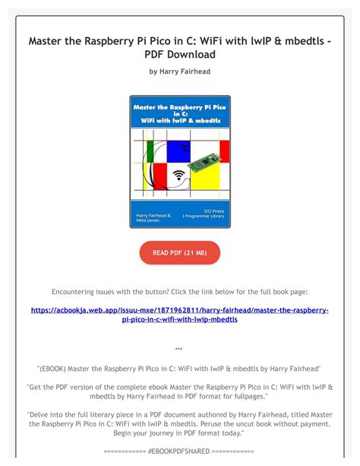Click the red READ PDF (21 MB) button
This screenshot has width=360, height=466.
(x=179, y=252)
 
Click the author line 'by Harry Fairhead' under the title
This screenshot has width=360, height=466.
(x=179, y=71)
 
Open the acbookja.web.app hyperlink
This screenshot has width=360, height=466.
(x=179, y=315)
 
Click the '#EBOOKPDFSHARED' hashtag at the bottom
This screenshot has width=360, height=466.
(x=179, y=452)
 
